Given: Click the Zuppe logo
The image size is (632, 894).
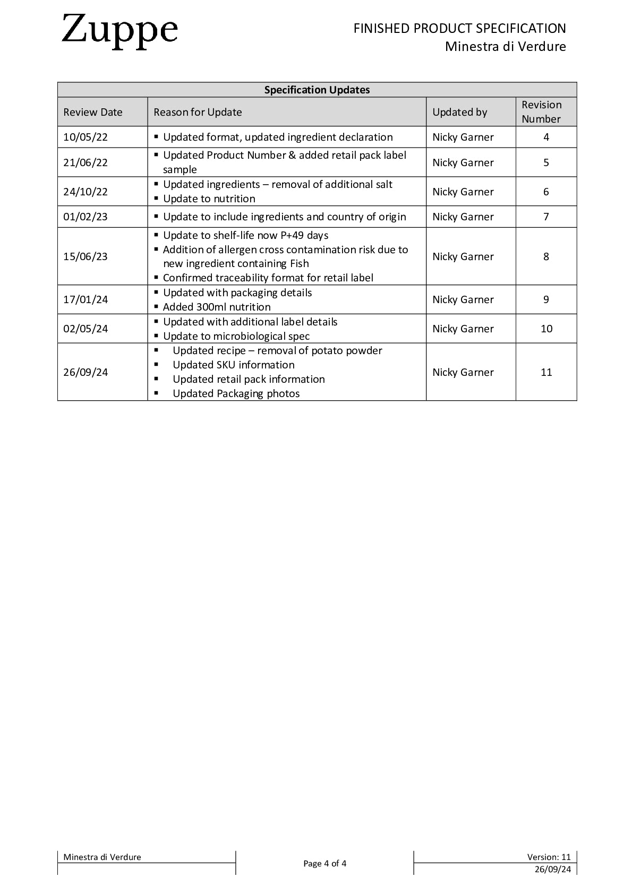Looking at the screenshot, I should coord(119,31).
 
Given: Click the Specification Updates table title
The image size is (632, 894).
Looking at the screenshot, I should coord(317,90).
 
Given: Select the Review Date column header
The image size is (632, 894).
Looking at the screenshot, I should coord(93,112).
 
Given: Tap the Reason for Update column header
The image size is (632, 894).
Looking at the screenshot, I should coord(198,112).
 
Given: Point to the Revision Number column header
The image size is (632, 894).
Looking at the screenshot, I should coord(541,112).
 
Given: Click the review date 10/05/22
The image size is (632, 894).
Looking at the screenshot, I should coord(86,137).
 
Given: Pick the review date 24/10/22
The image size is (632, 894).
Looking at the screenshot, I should coord(86,192).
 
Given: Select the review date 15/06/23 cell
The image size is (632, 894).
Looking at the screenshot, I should coord(86,256).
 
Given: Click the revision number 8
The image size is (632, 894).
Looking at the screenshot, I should coord(546,256).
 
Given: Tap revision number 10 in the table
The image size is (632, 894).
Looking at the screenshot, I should coord(546,329).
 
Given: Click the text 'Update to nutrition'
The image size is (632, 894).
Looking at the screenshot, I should coord(209,199).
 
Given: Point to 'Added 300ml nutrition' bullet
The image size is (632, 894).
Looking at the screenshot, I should coord(217,307).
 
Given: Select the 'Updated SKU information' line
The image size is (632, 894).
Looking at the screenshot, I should coord(234,365).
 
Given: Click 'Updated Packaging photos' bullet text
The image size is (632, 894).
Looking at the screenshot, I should coord(236,393).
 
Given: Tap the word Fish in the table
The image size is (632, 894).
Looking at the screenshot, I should coord(300,263).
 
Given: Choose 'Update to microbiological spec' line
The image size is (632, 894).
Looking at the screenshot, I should coord(236,336).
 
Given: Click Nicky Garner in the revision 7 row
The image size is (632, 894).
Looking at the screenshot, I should coord(463,217).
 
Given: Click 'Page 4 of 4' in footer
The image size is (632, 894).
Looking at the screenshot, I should coord(324,863).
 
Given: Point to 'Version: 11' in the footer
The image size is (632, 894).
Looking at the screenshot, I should coord(549,857).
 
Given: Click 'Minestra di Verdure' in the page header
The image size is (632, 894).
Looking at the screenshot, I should coord(505,47).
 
